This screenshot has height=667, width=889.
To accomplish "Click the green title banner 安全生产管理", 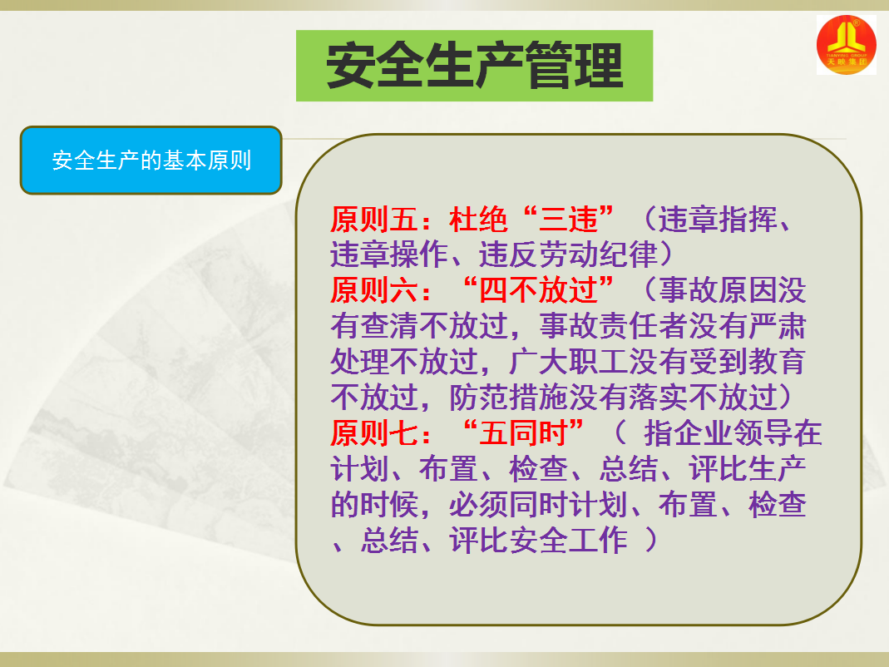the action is pos(474,66).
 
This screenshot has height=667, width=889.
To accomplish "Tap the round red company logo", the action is pos(846,45).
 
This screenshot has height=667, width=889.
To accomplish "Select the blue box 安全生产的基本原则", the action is pos(151,161).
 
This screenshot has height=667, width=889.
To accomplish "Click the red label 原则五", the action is pos(374,219).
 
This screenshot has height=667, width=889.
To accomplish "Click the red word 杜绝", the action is pos(478,219).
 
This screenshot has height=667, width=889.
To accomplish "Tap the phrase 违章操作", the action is pos(389,254).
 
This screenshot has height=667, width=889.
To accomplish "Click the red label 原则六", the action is pos(374,289).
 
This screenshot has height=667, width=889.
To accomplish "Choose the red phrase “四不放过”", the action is pos(539,289).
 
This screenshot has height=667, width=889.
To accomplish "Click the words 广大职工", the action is pos(568,361).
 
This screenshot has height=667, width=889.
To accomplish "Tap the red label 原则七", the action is pos(374,432).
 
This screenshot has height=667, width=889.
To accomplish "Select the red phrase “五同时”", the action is pos(524,432).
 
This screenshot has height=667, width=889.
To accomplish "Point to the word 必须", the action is pos(478,504).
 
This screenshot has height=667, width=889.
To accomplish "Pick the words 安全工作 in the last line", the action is pos(568,540).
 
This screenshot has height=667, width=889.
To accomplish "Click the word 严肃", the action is pos(777,325).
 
